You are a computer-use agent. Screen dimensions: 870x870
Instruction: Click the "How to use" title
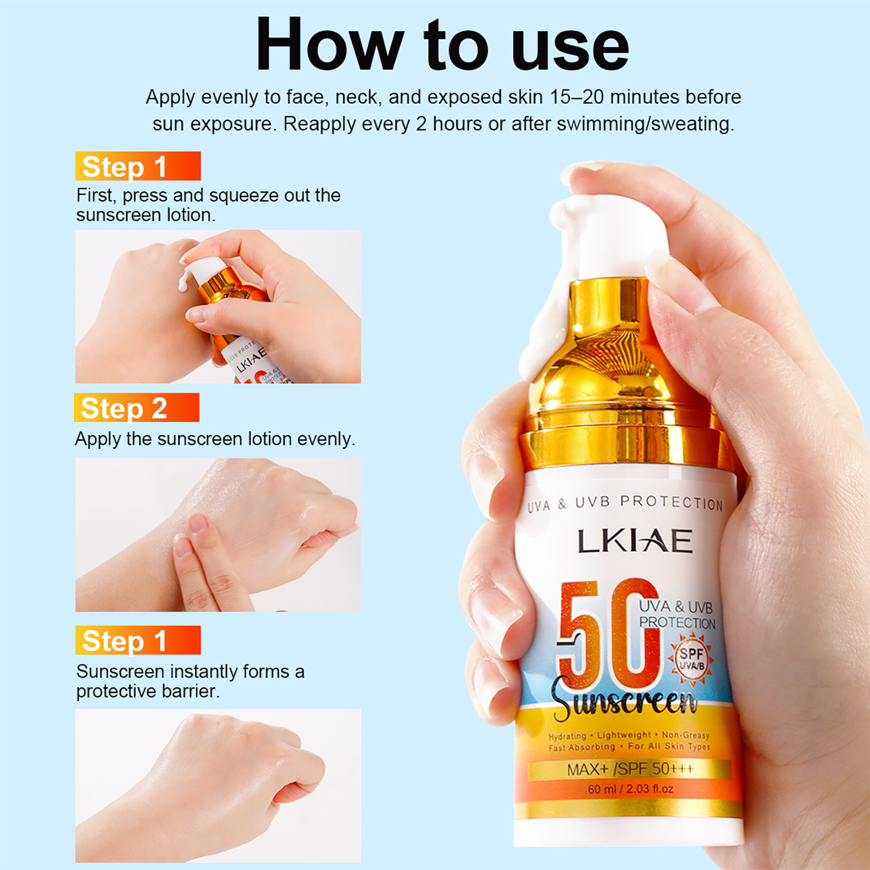[442, 45]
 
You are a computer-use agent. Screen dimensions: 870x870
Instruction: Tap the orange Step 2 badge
[136, 407]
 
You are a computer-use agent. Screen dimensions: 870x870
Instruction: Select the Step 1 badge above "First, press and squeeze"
[138, 166]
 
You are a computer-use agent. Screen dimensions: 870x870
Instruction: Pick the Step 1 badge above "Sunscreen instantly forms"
[138, 640]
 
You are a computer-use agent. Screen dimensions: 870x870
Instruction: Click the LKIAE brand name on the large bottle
[635, 541]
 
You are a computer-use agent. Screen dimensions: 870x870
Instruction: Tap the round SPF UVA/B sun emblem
[691, 659]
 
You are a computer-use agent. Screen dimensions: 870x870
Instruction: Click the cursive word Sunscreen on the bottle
[625, 701]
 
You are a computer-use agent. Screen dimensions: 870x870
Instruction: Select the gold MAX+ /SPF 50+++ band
[630, 769]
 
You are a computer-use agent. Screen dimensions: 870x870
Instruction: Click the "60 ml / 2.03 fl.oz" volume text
[630, 788]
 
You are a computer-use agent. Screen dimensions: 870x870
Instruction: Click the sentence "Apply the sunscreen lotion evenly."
[215, 439]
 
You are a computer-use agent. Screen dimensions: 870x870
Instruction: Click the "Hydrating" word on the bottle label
[567, 737]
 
